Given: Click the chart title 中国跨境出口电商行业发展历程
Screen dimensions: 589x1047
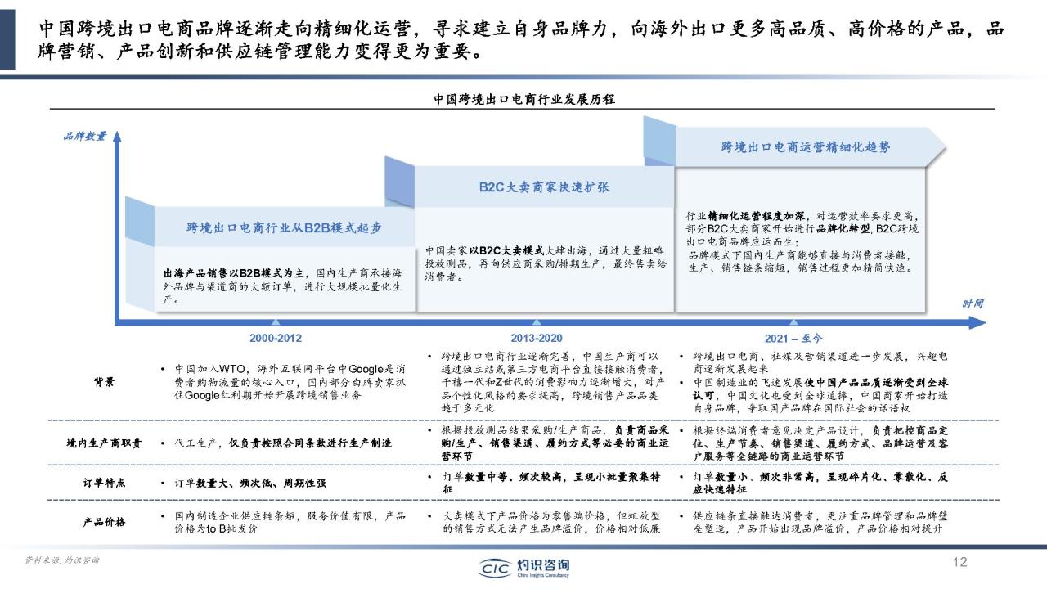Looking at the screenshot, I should [523, 99].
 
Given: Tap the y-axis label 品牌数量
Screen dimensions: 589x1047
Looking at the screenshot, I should [84, 136].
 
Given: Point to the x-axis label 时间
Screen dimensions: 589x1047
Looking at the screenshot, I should [973, 303].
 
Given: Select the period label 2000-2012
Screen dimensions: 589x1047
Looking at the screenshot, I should [275, 338].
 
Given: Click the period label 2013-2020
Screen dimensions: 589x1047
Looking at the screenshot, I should [536, 338].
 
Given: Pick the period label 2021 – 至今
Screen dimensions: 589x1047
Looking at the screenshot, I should [793, 338].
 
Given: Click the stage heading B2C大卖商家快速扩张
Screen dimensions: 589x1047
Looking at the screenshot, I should [544, 187].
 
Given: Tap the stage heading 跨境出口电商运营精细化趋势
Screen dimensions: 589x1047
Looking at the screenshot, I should [806, 147].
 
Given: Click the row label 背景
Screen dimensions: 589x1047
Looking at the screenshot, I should [104, 381].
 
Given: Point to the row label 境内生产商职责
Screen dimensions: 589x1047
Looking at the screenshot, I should [104, 443].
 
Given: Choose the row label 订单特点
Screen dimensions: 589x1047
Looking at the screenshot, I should [104, 483].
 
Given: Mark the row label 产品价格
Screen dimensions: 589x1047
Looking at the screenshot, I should [104, 522].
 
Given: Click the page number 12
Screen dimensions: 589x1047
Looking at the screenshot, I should [960, 562].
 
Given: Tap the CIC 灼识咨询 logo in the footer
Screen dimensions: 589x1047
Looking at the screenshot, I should [523, 566].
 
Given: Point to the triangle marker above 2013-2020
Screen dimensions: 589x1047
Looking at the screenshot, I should [536, 323].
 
